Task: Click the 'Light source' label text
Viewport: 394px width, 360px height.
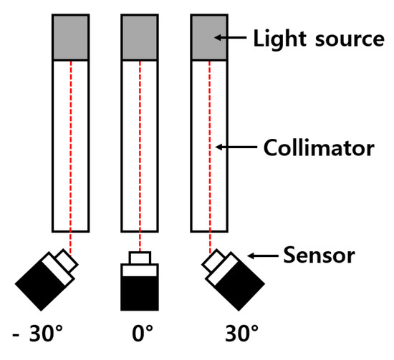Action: (x=319, y=39)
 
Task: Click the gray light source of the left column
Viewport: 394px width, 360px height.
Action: (x=70, y=38)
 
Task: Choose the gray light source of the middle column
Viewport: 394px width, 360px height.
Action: (x=139, y=38)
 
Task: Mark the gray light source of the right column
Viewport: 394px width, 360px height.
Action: (x=208, y=38)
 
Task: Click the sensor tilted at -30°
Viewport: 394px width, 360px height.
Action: (x=44, y=281)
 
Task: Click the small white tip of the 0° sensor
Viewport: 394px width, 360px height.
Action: (x=139, y=258)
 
